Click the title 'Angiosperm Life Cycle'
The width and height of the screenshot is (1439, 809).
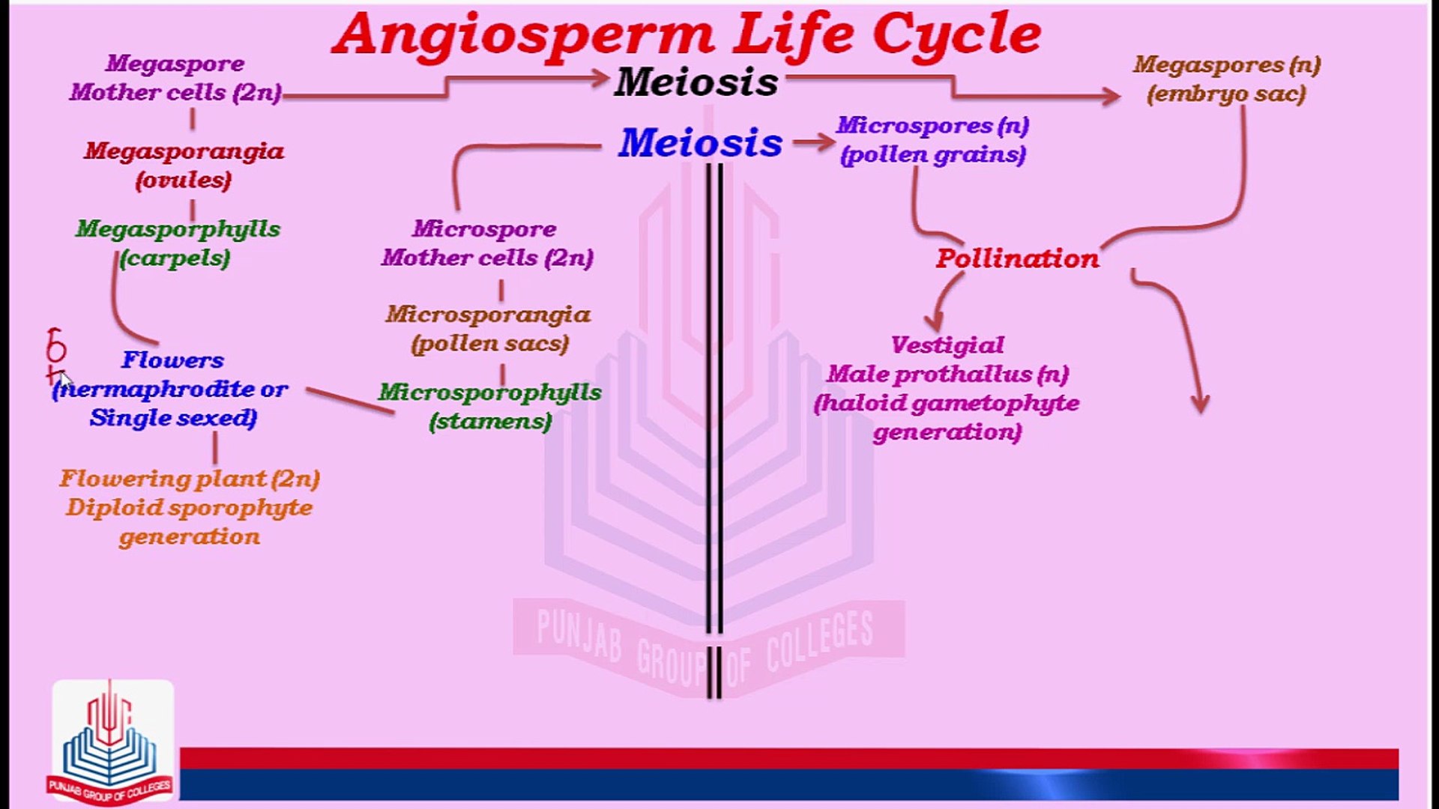[686, 34]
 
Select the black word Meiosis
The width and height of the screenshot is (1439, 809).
[696, 82]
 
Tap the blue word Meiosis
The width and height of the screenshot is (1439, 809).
[700, 142]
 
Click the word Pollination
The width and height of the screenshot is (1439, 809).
[1017, 258]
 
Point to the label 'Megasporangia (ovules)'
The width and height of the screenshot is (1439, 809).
[184, 166]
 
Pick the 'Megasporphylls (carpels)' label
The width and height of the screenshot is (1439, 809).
[178, 243]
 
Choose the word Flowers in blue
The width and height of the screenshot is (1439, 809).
[172, 360]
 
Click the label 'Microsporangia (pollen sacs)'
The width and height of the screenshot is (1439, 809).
[489, 329]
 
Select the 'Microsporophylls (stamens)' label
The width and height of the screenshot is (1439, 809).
[490, 406]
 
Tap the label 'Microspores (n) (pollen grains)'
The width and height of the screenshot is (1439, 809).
[933, 139]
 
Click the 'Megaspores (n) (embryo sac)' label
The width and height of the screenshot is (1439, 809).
[1226, 79]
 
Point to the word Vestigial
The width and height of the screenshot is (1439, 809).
[947, 345]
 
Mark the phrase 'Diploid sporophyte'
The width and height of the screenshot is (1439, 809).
[189, 508]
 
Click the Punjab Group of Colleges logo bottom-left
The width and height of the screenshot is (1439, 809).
[111, 742]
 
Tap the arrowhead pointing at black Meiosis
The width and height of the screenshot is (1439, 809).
[600, 78]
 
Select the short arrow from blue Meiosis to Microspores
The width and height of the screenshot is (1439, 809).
[814, 142]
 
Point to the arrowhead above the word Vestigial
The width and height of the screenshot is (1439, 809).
[934, 321]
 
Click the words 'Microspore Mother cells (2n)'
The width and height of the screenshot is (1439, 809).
[487, 243]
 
